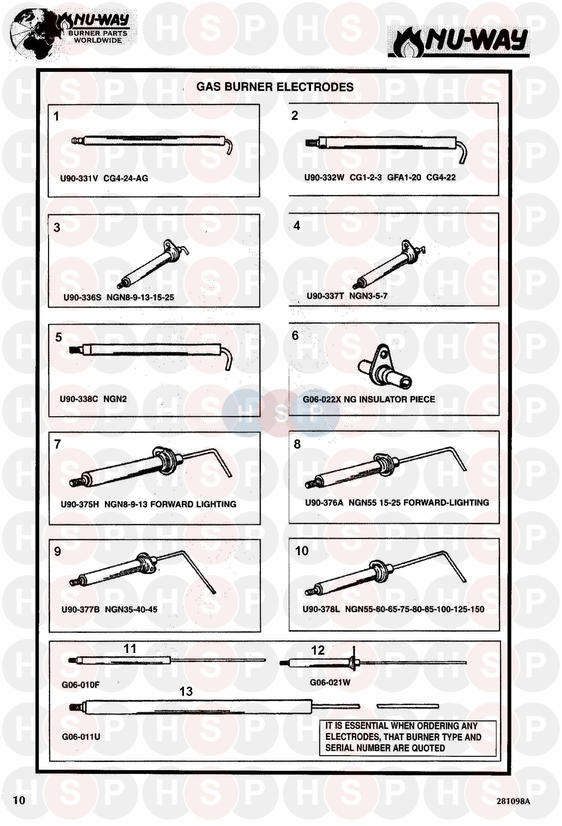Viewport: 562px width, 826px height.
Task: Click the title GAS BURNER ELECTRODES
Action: (275, 87)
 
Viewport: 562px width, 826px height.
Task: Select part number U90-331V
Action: (79, 178)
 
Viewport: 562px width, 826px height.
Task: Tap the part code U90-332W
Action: (324, 178)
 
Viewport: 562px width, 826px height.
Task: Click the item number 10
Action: (302, 551)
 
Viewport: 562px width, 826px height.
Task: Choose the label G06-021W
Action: (330, 683)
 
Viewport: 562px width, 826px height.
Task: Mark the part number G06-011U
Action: (81, 736)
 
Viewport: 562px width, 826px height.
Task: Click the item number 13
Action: (186, 691)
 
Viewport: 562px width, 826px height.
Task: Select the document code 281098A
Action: (513, 801)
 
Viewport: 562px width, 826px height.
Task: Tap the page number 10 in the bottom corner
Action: (19, 800)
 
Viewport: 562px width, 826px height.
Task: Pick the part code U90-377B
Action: (81, 609)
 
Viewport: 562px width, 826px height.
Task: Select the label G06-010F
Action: (81, 685)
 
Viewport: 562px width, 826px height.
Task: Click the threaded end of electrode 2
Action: (311, 143)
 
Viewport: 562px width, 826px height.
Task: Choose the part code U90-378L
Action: (321, 609)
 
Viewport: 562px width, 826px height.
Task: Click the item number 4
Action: (297, 226)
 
